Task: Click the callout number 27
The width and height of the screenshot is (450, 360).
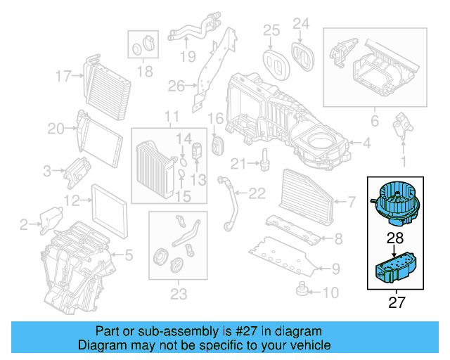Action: click(x=398, y=304)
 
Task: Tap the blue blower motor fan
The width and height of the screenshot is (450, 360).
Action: click(x=397, y=200)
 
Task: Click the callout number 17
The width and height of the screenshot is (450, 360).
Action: click(x=63, y=75)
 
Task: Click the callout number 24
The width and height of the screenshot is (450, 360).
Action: click(x=300, y=25)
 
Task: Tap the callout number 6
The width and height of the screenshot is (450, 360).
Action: click(x=375, y=122)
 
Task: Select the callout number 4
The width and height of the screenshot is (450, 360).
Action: click(x=366, y=144)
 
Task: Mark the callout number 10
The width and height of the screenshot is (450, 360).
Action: click(x=331, y=292)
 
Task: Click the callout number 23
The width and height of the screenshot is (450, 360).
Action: click(x=178, y=292)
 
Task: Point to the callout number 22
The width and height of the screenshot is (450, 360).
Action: click(x=257, y=193)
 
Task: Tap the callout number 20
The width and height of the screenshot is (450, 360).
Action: click(x=56, y=128)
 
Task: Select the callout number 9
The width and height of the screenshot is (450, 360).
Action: click(x=335, y=267)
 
